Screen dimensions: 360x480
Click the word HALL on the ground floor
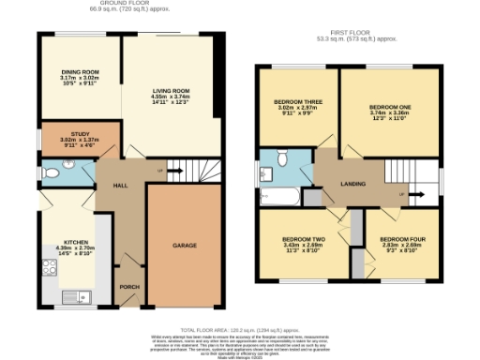pyautogui.click(x=121, y=186)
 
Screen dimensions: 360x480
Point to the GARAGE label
pyautogui.click(x=184, y=246)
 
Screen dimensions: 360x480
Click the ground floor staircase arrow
pyautogui.click(x=161, y=171)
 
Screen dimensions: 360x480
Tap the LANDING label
pyautogui.click(x=352, y=184)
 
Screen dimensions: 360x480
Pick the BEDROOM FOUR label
pyautogui.click(x=402, y=240)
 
